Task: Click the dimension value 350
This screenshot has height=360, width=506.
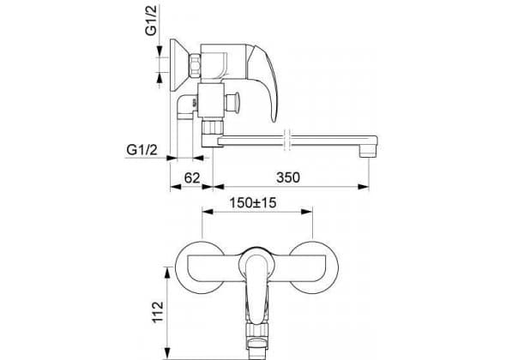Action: tap(288, 177)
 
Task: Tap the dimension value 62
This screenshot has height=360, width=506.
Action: tap(192, 177)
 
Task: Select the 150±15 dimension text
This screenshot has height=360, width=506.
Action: tap(253, 203)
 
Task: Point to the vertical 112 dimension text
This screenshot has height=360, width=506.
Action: tap(158, 312)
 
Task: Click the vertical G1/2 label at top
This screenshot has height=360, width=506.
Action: tap(151, 21)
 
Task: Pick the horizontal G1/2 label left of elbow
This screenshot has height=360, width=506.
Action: tap(142, 150)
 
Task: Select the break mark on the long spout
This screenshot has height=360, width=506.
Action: tap(287, 140)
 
